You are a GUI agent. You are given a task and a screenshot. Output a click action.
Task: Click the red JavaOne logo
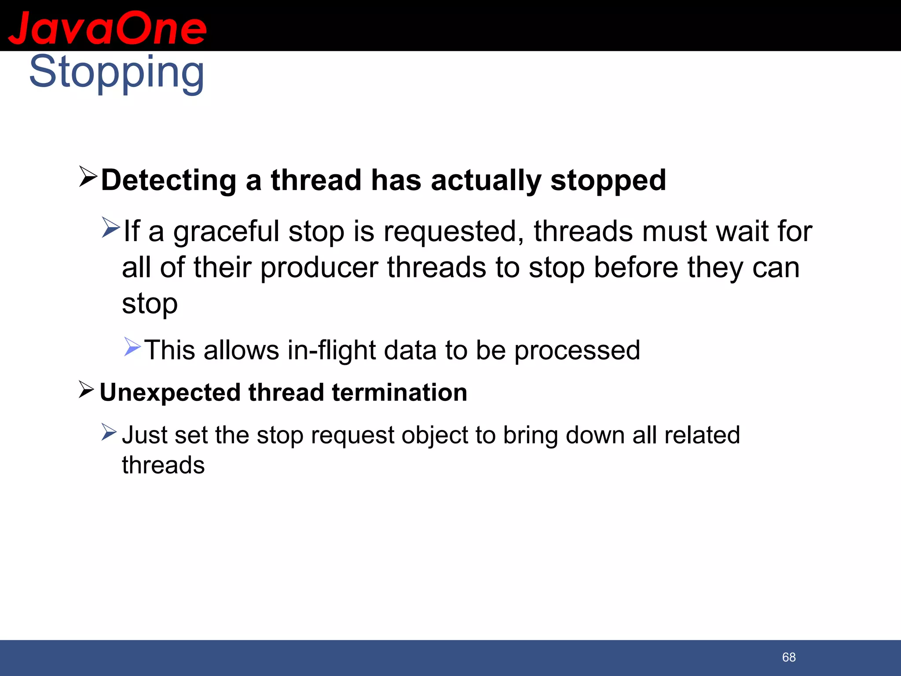pyautogui.click(x=107, y=27)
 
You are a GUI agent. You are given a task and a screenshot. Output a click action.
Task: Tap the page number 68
pyautogui.click(x=789, y=657)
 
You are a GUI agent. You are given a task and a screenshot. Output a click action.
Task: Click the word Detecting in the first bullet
pyautogui.click(x=168, y=180)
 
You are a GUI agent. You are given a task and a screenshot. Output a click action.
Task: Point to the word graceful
pyautogui.click(x=226, y=231)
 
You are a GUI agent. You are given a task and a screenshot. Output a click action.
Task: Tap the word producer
pyautogui.click(x=319, y=268)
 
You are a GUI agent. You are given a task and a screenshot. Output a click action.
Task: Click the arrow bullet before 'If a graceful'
pyautogui.click(x=110, y=228)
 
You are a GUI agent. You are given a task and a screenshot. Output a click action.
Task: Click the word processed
pyautogui.click(x=577, y=350)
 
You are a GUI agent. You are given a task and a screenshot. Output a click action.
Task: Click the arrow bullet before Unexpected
pyautogui.click(x=86, y=389)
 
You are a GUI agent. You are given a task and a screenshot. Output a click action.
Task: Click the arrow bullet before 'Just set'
pyautogui.click(x=109, y=432)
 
